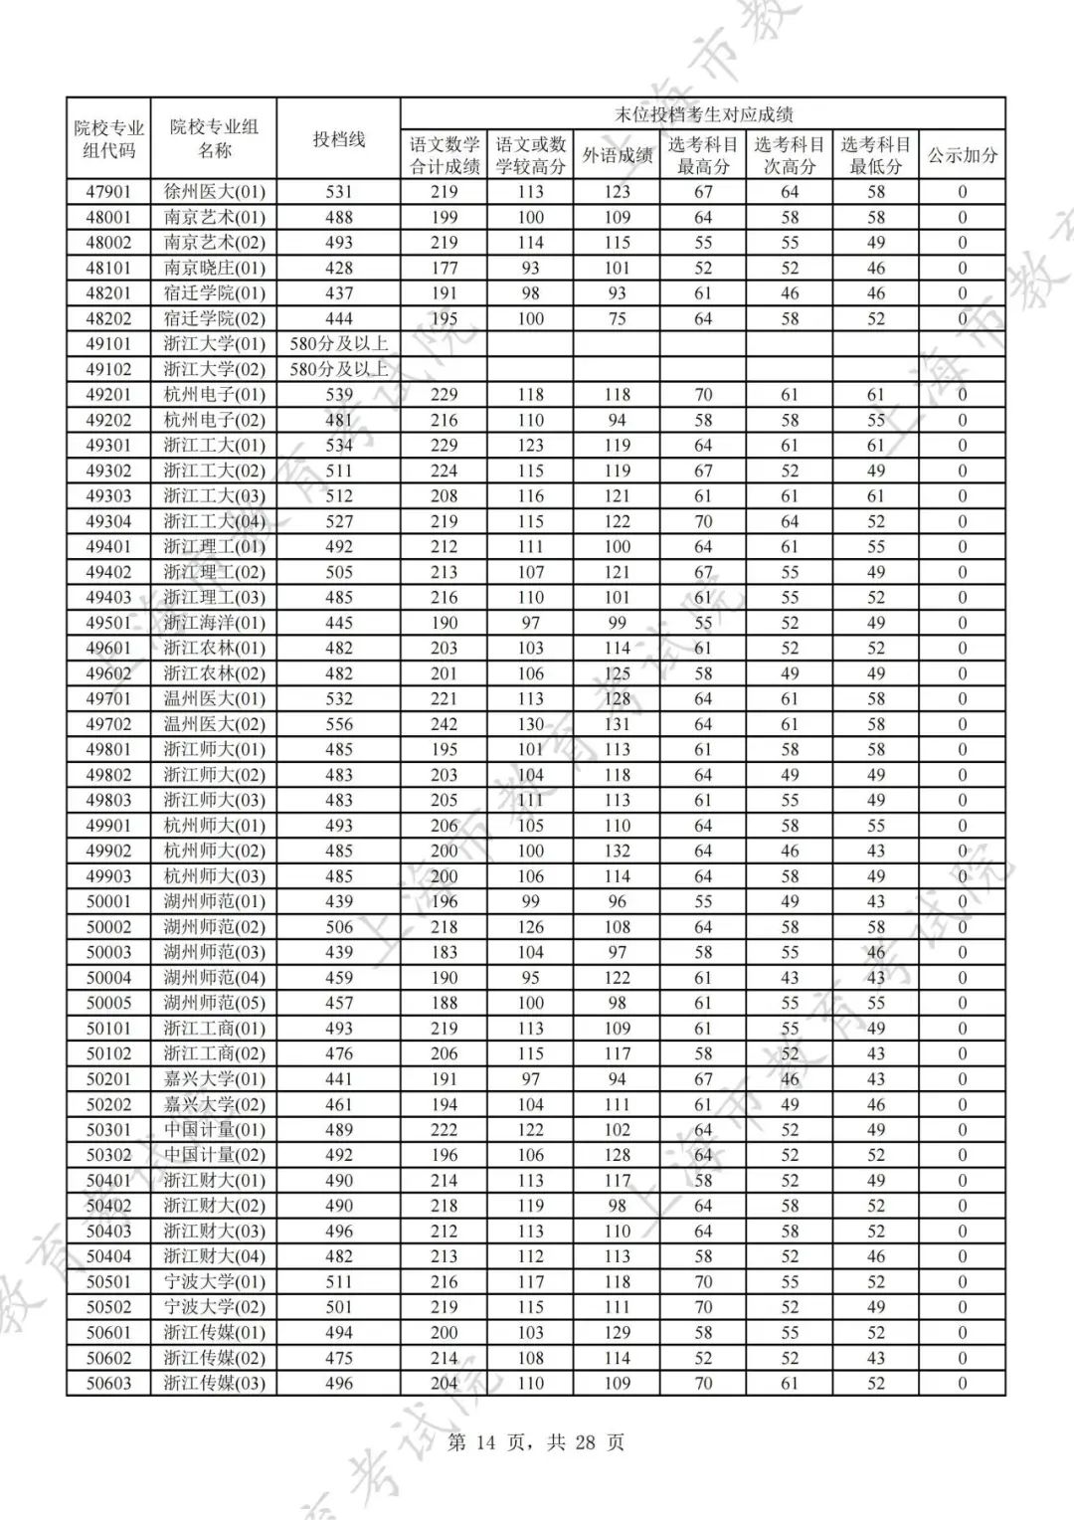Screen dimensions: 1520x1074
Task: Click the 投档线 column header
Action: [339, 139]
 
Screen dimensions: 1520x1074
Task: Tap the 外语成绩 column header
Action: [617, 155]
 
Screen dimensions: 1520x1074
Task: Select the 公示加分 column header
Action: [962, 155]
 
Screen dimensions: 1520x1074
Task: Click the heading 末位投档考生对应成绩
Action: [702, 114]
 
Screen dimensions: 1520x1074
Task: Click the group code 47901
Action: [108, 192]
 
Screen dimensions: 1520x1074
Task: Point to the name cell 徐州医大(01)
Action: [214, 192]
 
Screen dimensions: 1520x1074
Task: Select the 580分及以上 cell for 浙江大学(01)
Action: [339, 344]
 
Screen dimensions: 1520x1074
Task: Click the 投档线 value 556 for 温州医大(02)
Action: [339, 724]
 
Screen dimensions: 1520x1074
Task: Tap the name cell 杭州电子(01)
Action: [214, 395]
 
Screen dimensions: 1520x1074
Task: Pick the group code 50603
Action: [108, 1383]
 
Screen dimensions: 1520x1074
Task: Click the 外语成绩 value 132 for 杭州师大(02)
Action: [617, 851]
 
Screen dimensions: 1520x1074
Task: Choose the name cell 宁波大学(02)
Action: [214, 1307]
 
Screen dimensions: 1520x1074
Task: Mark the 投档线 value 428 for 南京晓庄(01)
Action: [339, 268]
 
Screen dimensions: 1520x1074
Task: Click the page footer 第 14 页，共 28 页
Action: [536, 1442]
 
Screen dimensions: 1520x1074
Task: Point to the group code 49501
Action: [108, 623]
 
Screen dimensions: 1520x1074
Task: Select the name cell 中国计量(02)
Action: [214, 1155]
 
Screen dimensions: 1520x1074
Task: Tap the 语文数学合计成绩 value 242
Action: [444, 724]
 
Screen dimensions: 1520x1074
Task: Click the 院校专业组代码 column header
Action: [108, 139]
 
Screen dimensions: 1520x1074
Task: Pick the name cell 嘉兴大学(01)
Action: [214, 1079]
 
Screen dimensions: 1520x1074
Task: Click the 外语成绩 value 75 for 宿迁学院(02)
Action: [617, 318]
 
